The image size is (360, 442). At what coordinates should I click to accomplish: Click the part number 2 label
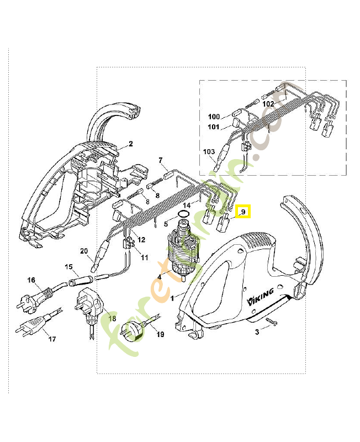(x=131, y=144)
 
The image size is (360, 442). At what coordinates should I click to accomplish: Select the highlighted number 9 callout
(x=243, y=212)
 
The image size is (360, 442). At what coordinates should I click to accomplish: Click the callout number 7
(x=161, y=161)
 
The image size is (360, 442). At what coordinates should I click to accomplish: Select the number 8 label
(x=157, y=196)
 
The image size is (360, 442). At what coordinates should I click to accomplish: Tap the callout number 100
(x=214, y=117)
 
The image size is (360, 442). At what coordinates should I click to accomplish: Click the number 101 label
(x=214, y=128)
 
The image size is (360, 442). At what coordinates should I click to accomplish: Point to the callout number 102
(x=268, y=103)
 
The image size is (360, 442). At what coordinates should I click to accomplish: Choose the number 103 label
(x=209, y=151)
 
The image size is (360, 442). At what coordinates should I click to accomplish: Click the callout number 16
(x=32, y=281)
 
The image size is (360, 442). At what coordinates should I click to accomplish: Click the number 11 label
(x=144, y=257)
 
